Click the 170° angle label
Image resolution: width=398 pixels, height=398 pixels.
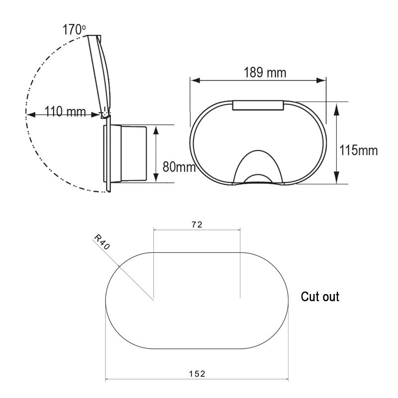(x=74, y=30)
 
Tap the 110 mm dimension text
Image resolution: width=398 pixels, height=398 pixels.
(x=65, y=111)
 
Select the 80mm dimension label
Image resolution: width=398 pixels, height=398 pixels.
(x=179, y=167)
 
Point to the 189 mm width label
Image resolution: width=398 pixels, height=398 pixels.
(x=265, y=72)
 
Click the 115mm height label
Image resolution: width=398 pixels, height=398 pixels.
(x=358, y=150)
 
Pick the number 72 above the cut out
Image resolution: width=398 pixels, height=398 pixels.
(x=197, y=225)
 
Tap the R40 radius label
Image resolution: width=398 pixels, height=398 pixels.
(x=102, y=242)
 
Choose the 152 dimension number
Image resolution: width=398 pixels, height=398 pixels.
(x=197, y=374)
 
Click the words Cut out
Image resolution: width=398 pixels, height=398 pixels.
(x=320, y=297)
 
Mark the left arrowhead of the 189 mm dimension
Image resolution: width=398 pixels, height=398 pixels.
(x=196, y=81)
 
